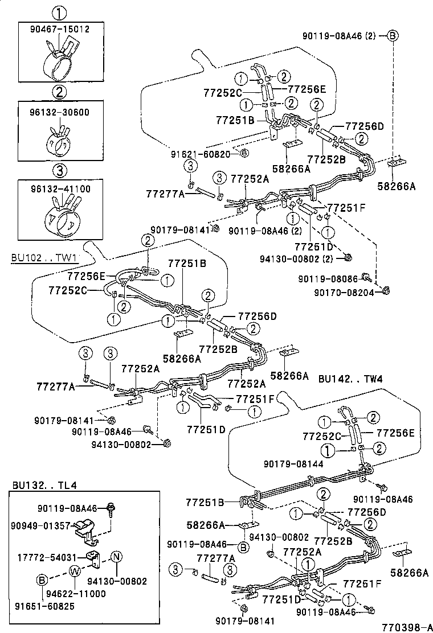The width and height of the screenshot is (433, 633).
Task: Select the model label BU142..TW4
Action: pyautogui.click(x=349, y=379)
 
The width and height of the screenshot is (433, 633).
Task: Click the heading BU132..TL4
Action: pyautogui.click(x=44, y=485)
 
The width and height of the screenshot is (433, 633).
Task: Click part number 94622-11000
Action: pyautogui.click(x=80, y=593)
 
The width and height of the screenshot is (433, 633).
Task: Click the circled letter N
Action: pyautogui.click(x=116, y=556)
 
